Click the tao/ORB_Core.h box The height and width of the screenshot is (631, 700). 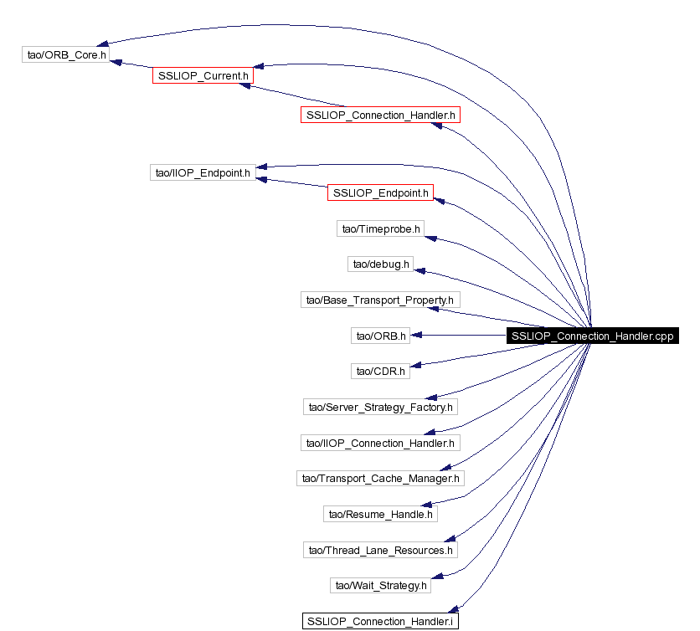tap(66, 54)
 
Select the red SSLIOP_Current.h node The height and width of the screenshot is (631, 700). tap(203, 75)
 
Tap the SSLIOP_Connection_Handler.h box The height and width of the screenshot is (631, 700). tap(380, 115)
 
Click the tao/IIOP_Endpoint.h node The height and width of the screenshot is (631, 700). tap(203, 172)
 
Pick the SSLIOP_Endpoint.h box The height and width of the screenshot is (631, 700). tap(380, 192)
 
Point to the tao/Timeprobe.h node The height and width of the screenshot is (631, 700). tap(381, 228)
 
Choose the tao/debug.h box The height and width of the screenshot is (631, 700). tap(381, 264)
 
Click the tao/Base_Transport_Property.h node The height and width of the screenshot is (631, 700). tap(380, 300)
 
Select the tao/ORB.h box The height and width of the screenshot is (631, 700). tap(381, 336)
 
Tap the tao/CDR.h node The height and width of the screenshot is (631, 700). tap(380, 371)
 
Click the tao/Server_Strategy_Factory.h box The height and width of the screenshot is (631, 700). tap(380, 407)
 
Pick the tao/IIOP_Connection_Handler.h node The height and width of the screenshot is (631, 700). tap(380, 443)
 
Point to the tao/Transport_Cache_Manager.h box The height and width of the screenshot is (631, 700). tap(380, 478)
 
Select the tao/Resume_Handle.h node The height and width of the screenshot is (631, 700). tap(380, 514)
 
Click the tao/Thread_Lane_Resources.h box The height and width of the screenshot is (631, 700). tap(380, 550)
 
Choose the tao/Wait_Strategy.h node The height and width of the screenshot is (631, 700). tap(381, 585)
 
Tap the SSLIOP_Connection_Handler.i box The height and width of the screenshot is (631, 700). tap(380, 621)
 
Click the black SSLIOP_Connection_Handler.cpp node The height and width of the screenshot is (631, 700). tap(593, 336)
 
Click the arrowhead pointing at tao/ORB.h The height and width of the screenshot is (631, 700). tap(416, 335)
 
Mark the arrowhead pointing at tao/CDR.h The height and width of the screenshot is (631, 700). tap(415, 366)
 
